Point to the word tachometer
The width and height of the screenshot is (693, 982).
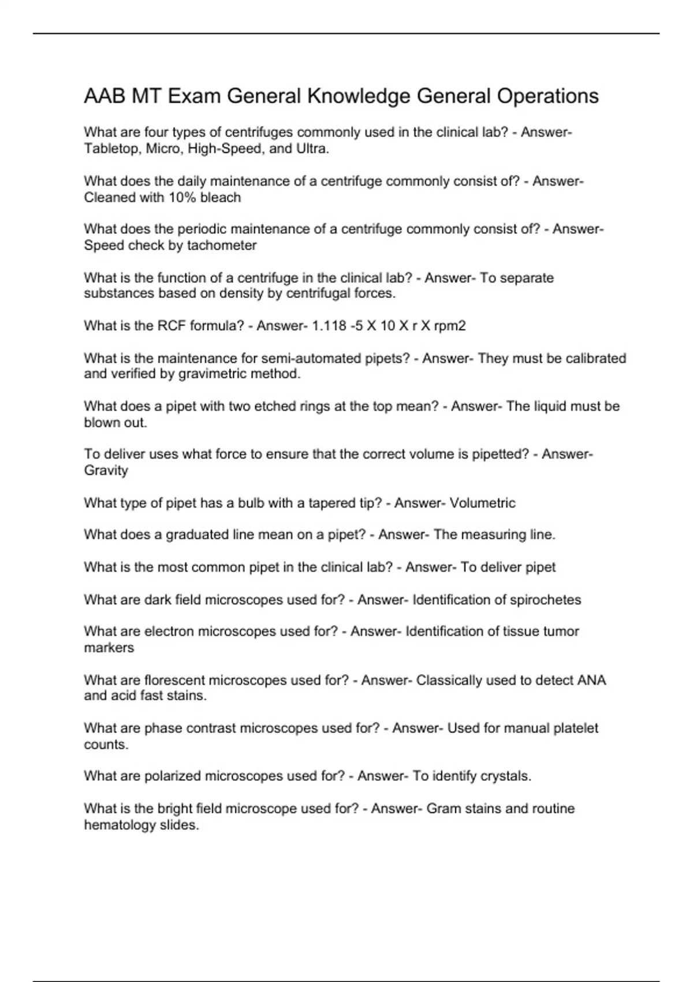click(222, 245)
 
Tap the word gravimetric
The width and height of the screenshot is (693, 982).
click(213, 374)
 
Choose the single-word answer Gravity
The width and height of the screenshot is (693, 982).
click(106, 471)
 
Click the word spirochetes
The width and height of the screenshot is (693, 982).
click(546, 600)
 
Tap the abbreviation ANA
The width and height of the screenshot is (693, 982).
click(591, 680)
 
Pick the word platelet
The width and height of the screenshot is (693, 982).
click(576, 728)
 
